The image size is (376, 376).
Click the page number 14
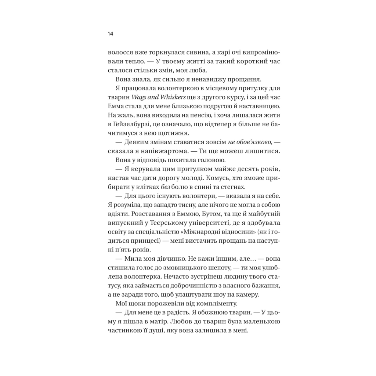[110, 34]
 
